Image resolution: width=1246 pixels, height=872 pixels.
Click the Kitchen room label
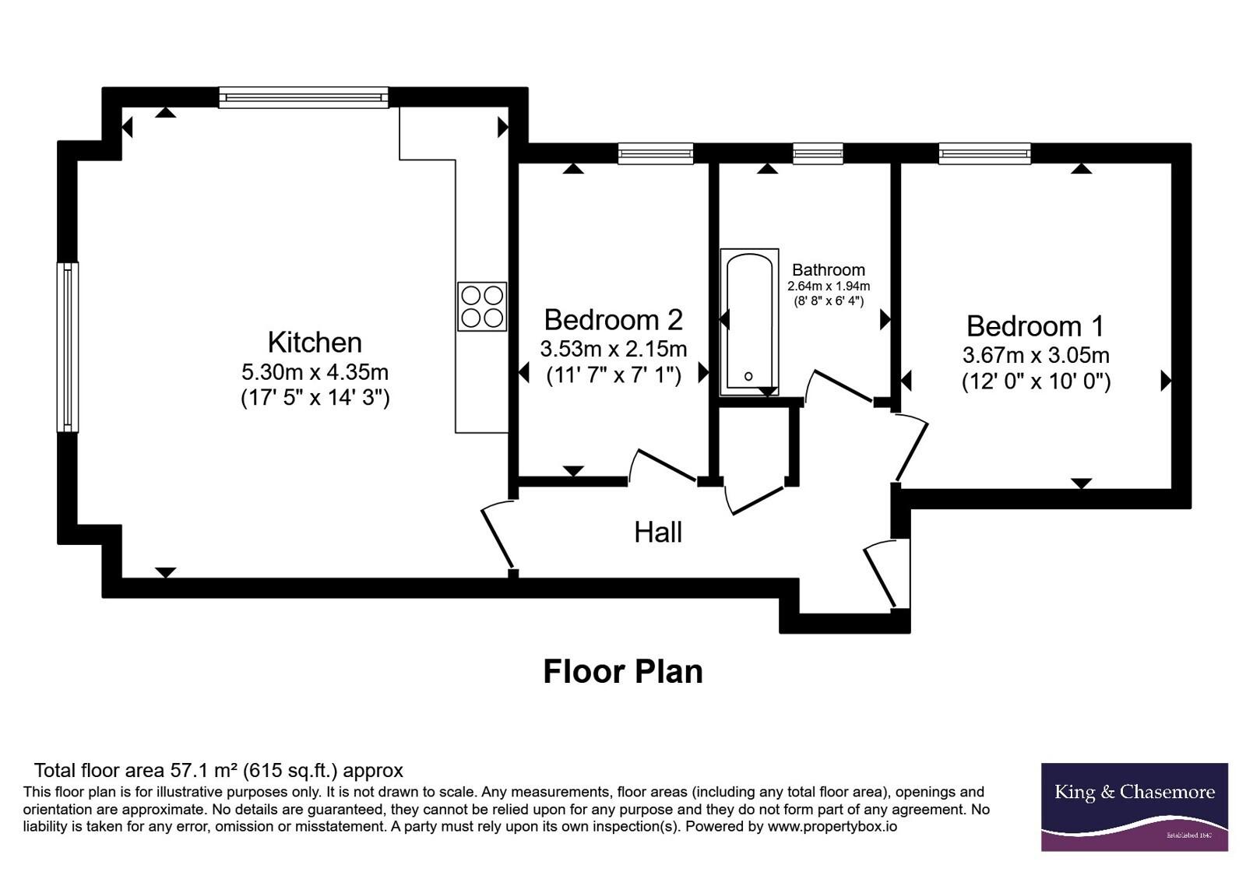315,343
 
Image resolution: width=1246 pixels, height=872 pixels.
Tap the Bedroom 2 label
614,320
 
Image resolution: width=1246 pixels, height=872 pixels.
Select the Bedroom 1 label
1035,326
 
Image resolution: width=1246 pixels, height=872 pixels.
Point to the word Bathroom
829,270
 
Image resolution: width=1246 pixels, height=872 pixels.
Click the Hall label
658,533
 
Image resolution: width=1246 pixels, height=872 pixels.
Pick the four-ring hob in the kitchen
482,307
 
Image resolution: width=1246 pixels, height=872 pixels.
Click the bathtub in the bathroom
749,322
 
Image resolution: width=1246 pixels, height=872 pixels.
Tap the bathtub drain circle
748,376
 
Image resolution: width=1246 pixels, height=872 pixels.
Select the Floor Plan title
623,672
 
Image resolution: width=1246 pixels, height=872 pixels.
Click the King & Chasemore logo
1134,807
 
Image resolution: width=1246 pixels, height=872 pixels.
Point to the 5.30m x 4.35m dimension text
315,371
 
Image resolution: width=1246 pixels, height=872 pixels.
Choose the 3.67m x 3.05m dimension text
1036,355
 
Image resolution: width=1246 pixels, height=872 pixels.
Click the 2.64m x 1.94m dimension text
829,287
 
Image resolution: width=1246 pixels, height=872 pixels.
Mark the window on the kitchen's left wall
67,347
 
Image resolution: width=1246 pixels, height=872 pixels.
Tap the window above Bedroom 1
984,153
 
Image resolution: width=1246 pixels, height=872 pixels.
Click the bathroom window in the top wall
818,153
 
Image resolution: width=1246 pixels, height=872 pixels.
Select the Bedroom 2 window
656,153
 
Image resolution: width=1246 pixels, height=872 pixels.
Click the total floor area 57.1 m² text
219,771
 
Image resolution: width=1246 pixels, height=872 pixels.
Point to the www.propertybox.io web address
832,826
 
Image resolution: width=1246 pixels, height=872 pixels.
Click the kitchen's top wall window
304,98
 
